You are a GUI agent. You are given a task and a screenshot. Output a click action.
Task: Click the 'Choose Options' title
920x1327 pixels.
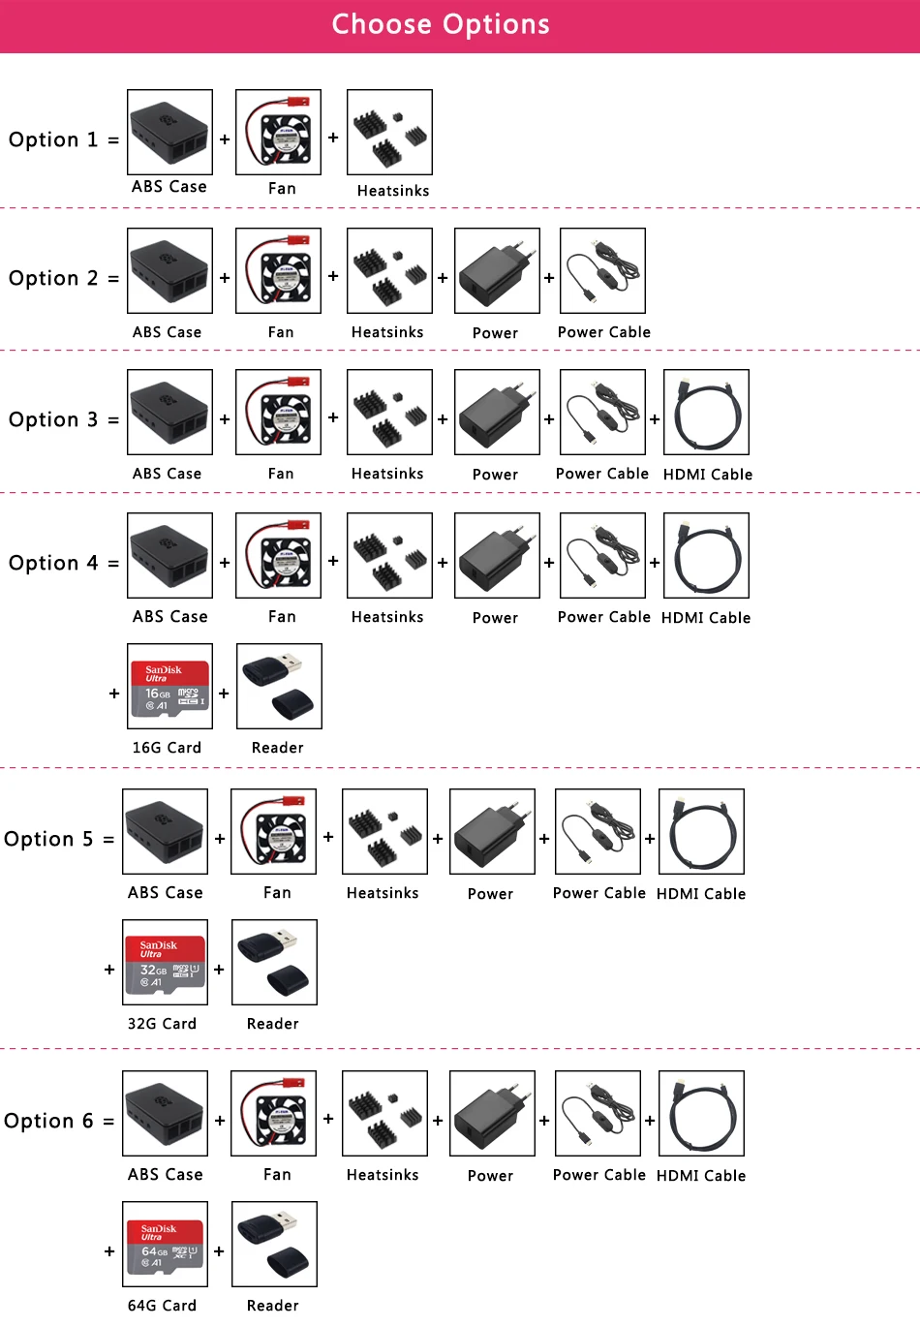coord(441,24)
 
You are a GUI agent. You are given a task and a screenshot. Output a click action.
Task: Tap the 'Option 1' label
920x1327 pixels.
coord(53,139)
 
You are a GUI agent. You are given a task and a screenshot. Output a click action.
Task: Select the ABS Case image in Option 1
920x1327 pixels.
coord(169,133)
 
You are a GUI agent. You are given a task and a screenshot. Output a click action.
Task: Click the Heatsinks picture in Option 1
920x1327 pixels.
coord(389,133)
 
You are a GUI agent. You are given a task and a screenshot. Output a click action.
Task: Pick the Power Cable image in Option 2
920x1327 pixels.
coord(602,271)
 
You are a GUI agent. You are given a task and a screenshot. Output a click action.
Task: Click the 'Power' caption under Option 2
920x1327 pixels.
coord(495,333)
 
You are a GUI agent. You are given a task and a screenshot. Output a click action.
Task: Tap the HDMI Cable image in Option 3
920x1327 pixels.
coord(706,413)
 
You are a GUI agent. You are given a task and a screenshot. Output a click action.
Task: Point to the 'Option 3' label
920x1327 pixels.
coord(53,419)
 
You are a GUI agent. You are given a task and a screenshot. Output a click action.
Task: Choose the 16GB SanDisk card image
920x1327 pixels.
coord(169,687)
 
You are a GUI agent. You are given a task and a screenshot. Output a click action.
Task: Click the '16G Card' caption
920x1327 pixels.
coord(167,748)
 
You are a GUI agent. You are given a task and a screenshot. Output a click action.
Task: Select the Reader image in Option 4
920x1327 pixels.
coord(279,687)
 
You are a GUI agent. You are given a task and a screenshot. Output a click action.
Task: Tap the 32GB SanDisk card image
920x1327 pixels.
coord(166,963)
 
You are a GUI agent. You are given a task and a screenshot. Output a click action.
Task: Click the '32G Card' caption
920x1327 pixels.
coord(162,1024)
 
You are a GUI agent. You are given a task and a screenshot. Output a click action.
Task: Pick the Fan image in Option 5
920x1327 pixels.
coord(273,832)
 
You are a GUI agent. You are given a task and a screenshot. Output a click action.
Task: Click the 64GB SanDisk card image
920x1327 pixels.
coord(166,1245)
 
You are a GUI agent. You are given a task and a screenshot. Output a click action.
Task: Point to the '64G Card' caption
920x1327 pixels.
coord(162,1306)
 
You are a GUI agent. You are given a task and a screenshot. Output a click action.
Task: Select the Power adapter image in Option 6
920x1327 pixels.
coord(492,1114)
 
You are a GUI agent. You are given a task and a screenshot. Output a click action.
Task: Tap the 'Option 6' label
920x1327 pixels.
coord(48,1121)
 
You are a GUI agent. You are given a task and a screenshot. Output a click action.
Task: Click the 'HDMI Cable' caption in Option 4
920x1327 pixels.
coord(706,618)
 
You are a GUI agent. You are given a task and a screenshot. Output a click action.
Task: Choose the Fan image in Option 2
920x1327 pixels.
coord(278,271)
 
